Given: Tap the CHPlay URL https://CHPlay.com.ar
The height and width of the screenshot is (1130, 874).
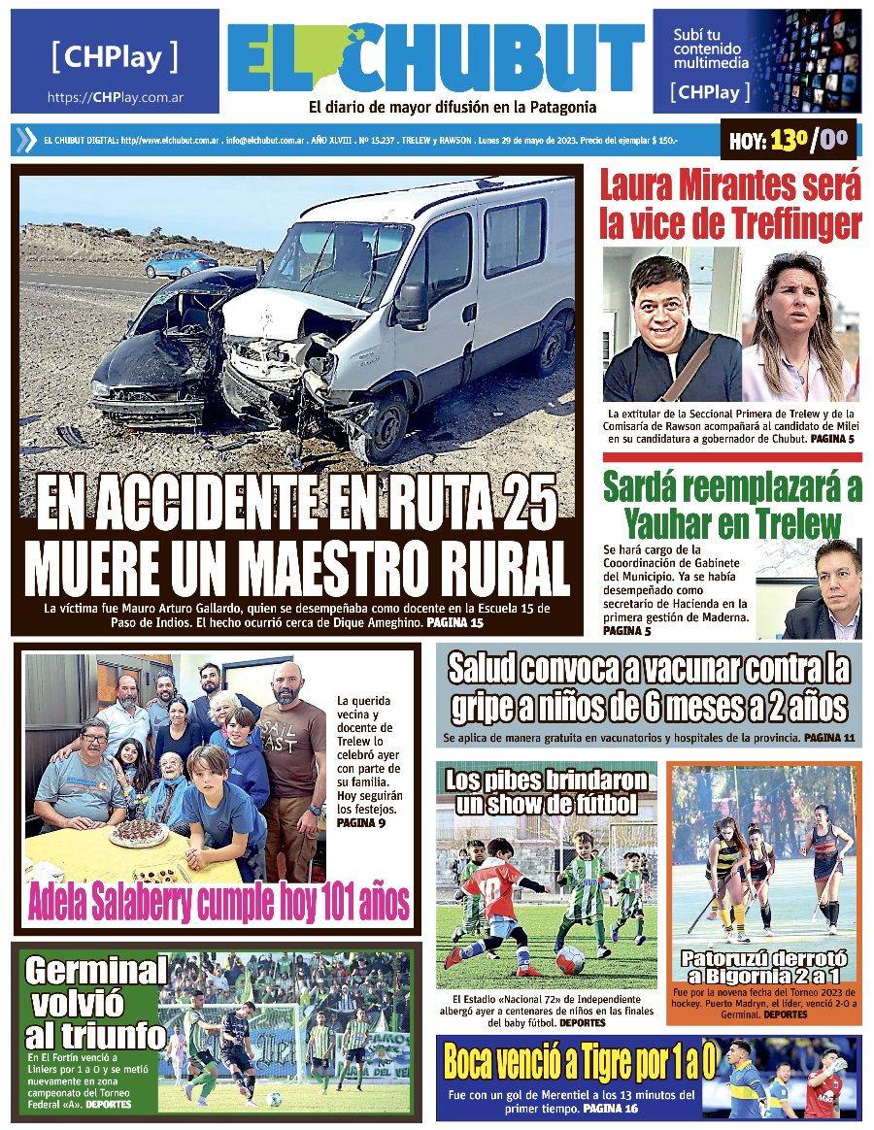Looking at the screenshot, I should coord(116,98).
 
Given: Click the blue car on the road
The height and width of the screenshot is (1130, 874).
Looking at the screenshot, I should coord(181,263).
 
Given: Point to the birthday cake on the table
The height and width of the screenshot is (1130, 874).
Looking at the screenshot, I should coord(138,833).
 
